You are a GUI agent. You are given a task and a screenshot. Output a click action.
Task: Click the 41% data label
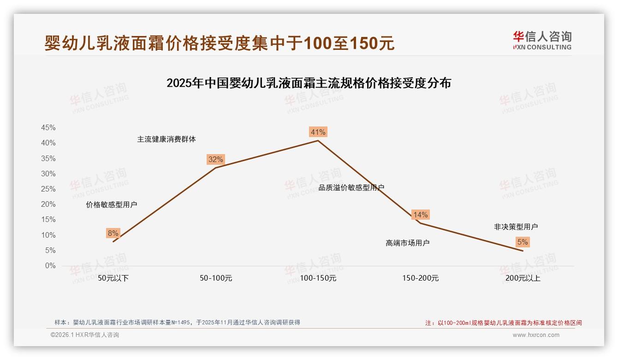(x=318, y=132)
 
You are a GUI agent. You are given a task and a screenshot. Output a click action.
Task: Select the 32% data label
(x=215, y=160)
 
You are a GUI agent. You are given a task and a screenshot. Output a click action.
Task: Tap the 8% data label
(x=113, y=234)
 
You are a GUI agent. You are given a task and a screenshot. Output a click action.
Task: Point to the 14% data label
(x=420, y=215)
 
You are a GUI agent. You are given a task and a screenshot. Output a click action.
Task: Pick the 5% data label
(x=523, y=242)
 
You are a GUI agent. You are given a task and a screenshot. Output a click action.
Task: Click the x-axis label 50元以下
(x=113, y=278)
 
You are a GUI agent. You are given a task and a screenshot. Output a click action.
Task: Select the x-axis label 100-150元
(x=318, y=278)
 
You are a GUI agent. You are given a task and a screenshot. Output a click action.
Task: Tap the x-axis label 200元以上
(x=523, y=278)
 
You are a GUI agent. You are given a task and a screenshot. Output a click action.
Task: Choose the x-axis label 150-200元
(x=420, y=278)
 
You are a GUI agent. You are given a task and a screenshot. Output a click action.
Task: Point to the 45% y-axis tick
(x=48, y=128)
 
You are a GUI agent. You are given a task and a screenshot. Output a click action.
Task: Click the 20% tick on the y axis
(x=48, y=204)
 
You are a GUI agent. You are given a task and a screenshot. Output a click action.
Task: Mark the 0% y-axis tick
(x=50, y=266)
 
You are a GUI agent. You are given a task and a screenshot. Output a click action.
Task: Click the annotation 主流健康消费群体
(x=166, y=139)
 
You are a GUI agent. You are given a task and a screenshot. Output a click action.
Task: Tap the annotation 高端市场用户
(x=407, y=243)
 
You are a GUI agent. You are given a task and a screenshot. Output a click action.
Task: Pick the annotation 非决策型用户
(x=516, y=227)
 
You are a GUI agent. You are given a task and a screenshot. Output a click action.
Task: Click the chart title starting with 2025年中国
(x=309, y=84)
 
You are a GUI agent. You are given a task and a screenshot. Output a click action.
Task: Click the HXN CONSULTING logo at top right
(x=542, y=41)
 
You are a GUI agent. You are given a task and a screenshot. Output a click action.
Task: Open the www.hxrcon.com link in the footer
(x=536, y=335)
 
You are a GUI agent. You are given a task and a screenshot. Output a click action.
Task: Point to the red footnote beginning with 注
(x=503, y=323)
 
